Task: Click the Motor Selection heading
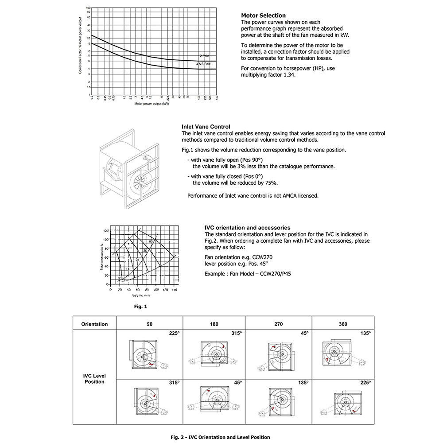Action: (263, 16)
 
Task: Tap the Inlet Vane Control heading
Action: (206, 127)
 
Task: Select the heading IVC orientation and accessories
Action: (248, 228)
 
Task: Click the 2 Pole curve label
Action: (204, 56)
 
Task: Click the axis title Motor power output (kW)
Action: (152, 104)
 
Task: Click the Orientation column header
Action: (94, 324)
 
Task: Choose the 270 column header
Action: (278, 324)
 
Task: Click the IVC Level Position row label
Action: (94, 378)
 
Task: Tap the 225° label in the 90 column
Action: (172, 333)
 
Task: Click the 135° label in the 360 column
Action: (365, 333)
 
